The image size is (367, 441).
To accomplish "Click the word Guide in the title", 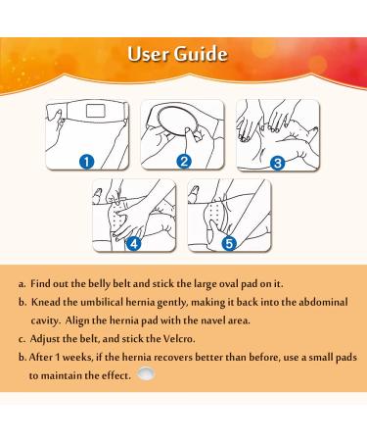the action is coord(201,54).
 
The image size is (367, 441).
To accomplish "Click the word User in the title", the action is coord(148,54).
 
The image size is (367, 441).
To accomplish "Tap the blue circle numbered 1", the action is coord(87,162).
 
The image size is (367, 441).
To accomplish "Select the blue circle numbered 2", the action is coord(184,162).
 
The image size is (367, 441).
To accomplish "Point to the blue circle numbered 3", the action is coord(278,163).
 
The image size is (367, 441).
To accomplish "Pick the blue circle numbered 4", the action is coord(134,244).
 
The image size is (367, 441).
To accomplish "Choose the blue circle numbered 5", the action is coord(229,244).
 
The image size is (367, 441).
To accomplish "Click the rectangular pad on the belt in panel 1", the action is coord(95,111).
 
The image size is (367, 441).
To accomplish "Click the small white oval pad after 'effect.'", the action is coord(146,373).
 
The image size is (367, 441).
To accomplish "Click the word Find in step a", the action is coord(40,283).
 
